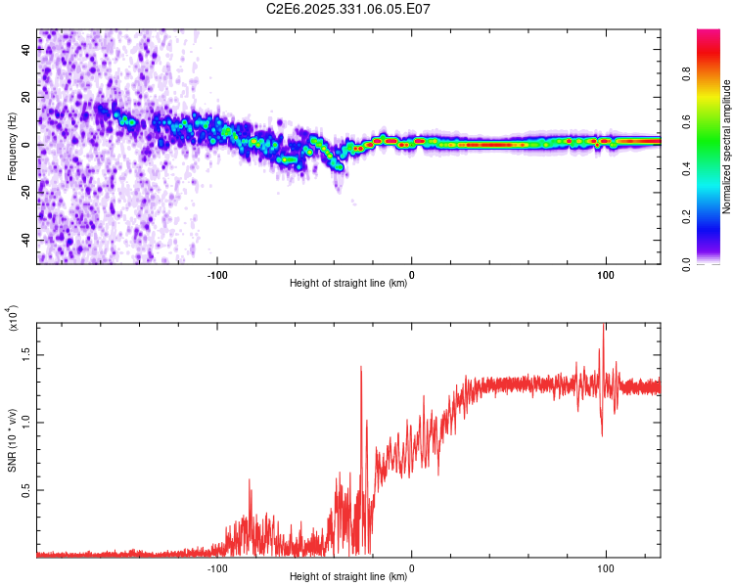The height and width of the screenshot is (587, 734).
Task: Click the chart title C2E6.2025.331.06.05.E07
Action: click(x=347, y=9)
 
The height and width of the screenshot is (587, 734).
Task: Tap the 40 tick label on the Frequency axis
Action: click(x=25, y=49)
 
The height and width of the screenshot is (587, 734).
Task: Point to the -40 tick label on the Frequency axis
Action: click(x=25, y=240)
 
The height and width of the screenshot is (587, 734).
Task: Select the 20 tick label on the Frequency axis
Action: click(x=25, y=97)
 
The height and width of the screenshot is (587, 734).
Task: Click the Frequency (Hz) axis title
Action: click(x=12, y=147)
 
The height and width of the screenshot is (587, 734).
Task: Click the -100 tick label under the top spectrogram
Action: click(x=217, y=275)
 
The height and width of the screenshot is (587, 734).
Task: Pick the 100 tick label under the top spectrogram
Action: click(x=606, y=275)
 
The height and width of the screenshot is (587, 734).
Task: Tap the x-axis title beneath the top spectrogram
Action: click(x=348, y=283)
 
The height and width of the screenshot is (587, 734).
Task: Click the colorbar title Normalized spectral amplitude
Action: click(x=726, y=147)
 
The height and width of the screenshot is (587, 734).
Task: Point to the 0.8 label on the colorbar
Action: click(x=686, y=74)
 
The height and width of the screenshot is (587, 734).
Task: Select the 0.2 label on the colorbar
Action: click(x=686, y=217)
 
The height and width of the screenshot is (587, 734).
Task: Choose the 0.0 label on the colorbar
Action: click(x=686, y=264)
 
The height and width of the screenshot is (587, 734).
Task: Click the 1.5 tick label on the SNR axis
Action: click(x=25, y=355)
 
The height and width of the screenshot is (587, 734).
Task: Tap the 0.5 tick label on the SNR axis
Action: click(x=25, y=490)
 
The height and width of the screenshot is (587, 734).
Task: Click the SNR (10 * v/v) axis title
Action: click(x=12, y=440)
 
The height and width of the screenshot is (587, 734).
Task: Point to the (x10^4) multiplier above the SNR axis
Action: click(x=13, y=318)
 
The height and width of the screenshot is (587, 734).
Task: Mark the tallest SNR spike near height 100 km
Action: click(x=604, y=325)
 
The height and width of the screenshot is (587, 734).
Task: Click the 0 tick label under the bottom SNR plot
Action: click(x=411, y=568)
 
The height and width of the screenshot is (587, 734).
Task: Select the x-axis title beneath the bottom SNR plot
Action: click(x=348, y=576)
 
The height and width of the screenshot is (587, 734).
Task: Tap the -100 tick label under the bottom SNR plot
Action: click(x=217, y=568)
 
